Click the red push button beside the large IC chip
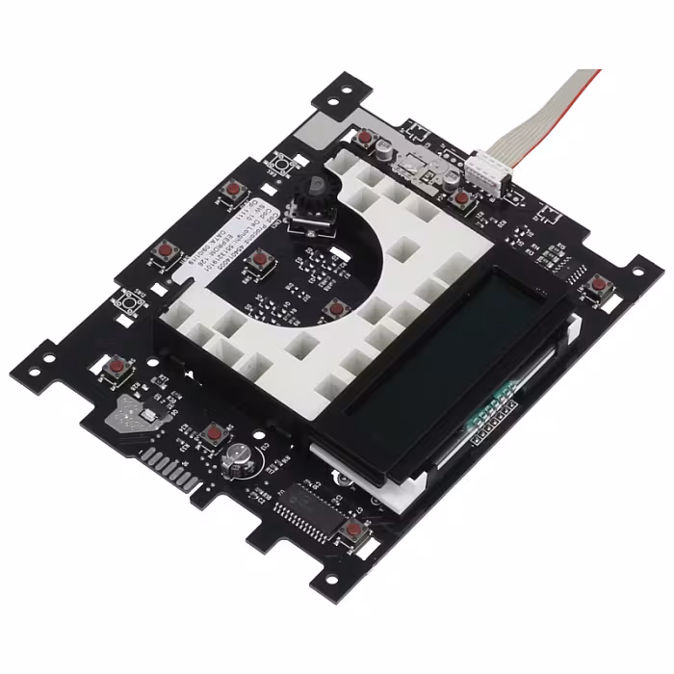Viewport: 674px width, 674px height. point(353,530)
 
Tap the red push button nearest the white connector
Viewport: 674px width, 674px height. point(462,198)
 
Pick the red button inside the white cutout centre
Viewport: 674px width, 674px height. point(336,309)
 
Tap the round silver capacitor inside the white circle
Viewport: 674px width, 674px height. point(237,460)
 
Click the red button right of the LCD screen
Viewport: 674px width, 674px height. point(598,284)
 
